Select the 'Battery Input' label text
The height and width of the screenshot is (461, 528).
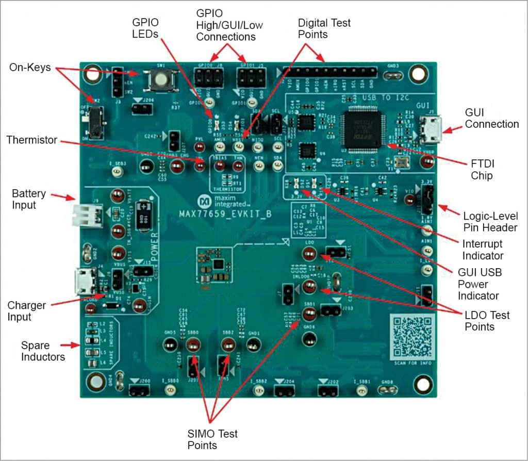29,199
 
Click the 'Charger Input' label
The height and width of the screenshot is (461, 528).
26,310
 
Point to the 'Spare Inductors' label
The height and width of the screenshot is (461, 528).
43,351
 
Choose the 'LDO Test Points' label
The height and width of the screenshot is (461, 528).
487,321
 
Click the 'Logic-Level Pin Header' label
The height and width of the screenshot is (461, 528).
490,222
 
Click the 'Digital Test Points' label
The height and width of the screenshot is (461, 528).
324,28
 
